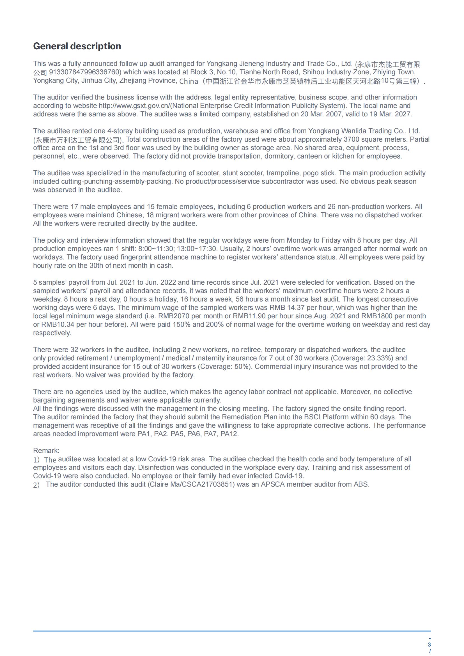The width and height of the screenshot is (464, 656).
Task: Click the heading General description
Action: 77,46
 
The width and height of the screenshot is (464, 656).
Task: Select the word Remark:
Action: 46,451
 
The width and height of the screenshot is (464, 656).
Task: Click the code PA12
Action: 230,434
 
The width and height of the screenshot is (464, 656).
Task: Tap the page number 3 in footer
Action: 429,645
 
